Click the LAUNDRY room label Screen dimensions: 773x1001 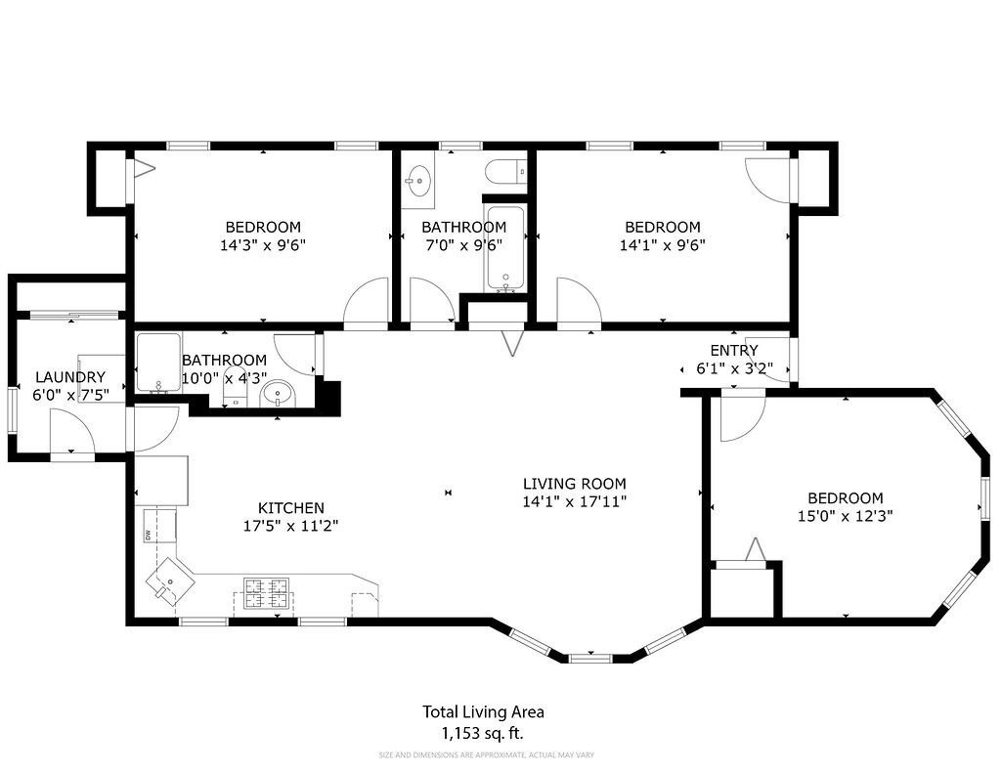69,377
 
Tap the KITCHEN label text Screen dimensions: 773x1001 290,508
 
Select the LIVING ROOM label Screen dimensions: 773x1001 574,484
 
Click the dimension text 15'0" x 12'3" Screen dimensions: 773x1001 845,515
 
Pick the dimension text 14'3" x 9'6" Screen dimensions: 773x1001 263,246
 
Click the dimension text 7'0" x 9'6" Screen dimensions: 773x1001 463,246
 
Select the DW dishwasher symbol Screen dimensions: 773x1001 149,535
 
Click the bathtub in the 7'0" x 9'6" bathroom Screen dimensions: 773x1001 505,249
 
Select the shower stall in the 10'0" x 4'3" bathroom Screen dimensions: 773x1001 158,363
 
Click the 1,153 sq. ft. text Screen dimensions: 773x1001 482,733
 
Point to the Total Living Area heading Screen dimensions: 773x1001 482,712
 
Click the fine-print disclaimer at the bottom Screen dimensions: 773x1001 486,754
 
